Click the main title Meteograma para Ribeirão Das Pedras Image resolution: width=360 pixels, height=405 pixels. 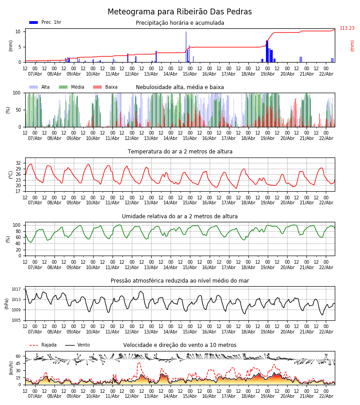(180, 12)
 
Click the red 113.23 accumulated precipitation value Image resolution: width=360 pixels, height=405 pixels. (347, 28)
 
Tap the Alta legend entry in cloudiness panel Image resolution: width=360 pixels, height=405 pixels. (45, 87)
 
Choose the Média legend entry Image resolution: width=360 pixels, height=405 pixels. (77, 87)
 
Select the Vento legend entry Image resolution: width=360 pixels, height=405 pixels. (83, 345)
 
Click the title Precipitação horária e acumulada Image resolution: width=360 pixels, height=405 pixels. (180, 23)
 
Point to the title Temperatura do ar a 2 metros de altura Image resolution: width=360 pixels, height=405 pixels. (180, 152)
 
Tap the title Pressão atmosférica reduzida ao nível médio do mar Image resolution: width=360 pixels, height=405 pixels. (180, 281)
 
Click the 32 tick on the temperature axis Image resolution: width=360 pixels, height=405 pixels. (18, 163)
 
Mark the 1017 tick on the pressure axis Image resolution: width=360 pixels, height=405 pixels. (16, 289)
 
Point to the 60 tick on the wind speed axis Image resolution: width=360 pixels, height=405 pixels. (18, 356)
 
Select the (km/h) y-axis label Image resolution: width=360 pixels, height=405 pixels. (10, 368)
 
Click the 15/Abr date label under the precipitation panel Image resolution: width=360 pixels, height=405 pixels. (189, 74)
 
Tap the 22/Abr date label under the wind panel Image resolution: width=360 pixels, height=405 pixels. (325, 396)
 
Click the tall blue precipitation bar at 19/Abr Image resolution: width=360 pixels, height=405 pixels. (267, 51)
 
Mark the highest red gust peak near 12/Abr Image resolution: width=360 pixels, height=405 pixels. (139, 363)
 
